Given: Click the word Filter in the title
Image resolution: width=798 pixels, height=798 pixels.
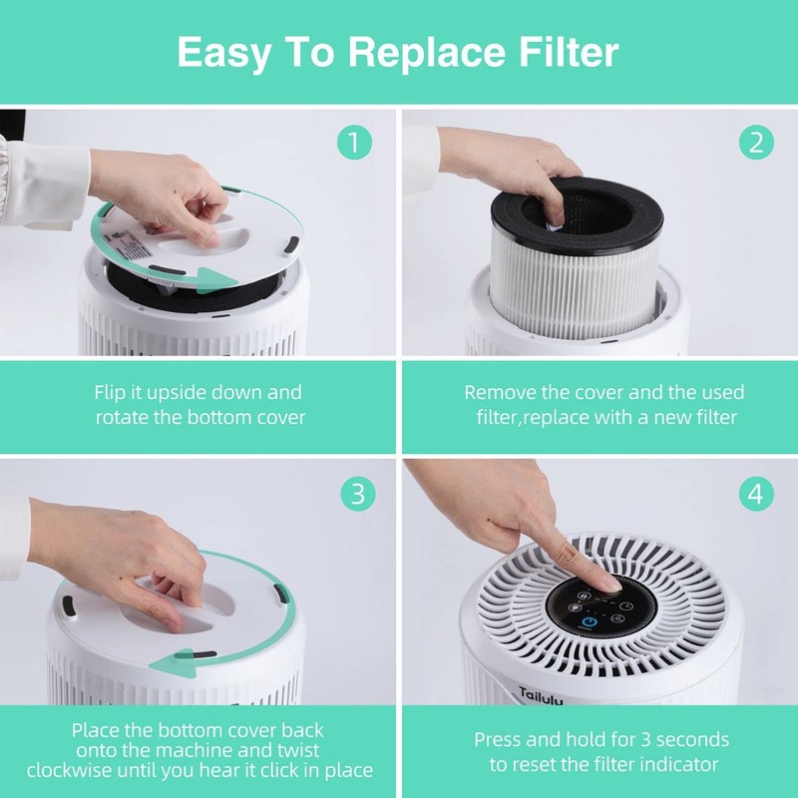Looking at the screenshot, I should point(566,52).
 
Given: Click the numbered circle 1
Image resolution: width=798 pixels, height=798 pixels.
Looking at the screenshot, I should point(355,143).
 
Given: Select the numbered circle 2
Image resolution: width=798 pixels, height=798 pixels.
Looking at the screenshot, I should point(755,143).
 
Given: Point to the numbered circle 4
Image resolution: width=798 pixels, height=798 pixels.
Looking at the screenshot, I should point(755,492).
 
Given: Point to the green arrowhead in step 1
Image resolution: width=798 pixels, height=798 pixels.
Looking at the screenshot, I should point(206,280).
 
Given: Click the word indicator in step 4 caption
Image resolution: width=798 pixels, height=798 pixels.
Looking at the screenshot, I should point(678,764).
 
